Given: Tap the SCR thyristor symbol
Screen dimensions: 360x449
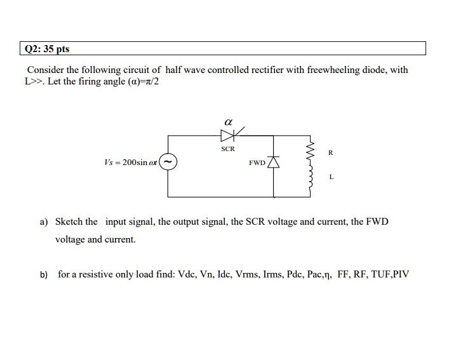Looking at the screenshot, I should (227, 135).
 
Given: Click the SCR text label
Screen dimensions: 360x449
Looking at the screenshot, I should (227, 149).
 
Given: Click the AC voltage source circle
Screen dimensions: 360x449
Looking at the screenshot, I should (168, 163).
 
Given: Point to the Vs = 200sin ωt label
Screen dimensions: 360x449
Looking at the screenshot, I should (130, 163).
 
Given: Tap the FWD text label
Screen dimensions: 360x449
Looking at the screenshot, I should (258, 163).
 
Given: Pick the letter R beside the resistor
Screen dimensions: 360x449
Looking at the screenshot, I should (330, 152).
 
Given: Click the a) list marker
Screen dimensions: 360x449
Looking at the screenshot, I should (44, 222).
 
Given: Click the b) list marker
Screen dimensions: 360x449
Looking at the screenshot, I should (44, 275).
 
